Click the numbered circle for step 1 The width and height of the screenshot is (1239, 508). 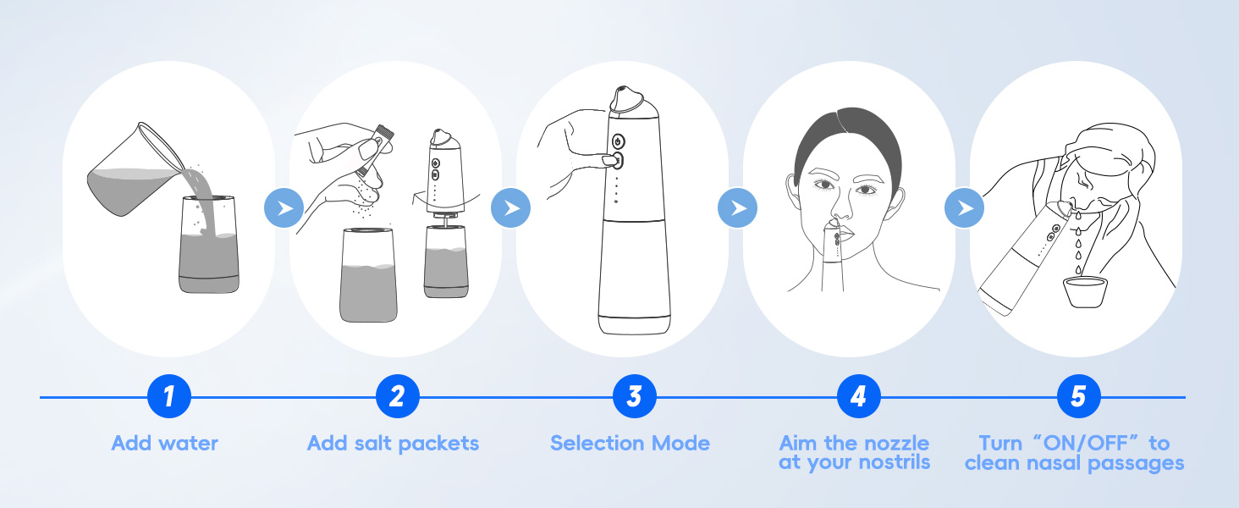pos(168,396)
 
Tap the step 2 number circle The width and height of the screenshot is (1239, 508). pos(397,396)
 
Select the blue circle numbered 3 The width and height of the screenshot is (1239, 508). pos(634,396)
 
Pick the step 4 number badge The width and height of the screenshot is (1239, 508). pos(858,396)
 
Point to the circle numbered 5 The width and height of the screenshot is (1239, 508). pos(1078,396)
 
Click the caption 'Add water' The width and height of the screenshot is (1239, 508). pos(164,443)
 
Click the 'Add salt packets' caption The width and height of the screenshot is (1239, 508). pos(393,443)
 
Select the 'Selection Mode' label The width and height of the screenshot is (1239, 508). pos(630,443)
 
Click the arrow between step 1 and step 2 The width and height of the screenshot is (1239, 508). pos(283,208)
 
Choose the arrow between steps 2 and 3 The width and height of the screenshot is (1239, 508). pos(510,208)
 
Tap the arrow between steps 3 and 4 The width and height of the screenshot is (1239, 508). pos(737,208)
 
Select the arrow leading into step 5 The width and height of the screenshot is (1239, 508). pos(964,208)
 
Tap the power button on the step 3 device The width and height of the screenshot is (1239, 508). pos(617,141)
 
